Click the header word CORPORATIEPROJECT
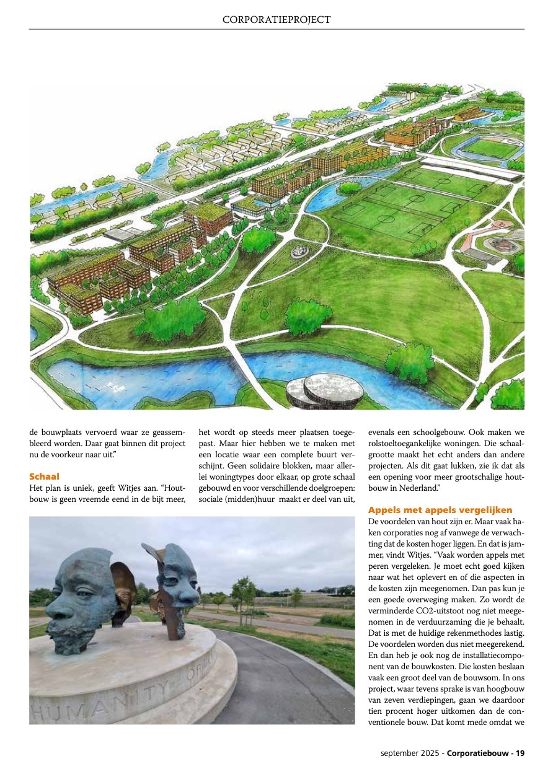(276, 20)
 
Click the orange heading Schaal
(44, 477)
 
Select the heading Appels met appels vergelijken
(440, 510)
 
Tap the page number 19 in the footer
(520, 753)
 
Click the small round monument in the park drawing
(299, 251)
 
